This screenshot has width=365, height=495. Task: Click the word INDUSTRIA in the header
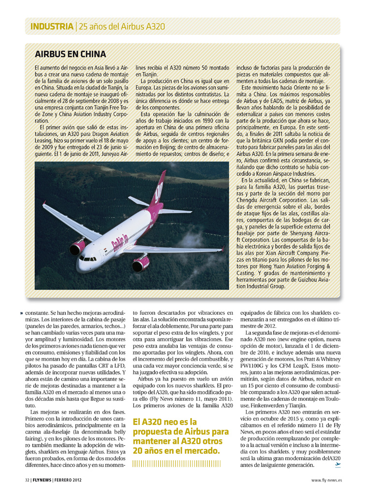51,26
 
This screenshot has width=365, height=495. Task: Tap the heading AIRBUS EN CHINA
70,54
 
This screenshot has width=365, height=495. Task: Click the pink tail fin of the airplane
159,188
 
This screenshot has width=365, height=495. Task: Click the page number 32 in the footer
27,480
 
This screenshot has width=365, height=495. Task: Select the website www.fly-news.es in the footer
326,480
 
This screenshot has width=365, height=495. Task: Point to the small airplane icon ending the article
337,465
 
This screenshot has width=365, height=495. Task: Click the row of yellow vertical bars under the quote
176,464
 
